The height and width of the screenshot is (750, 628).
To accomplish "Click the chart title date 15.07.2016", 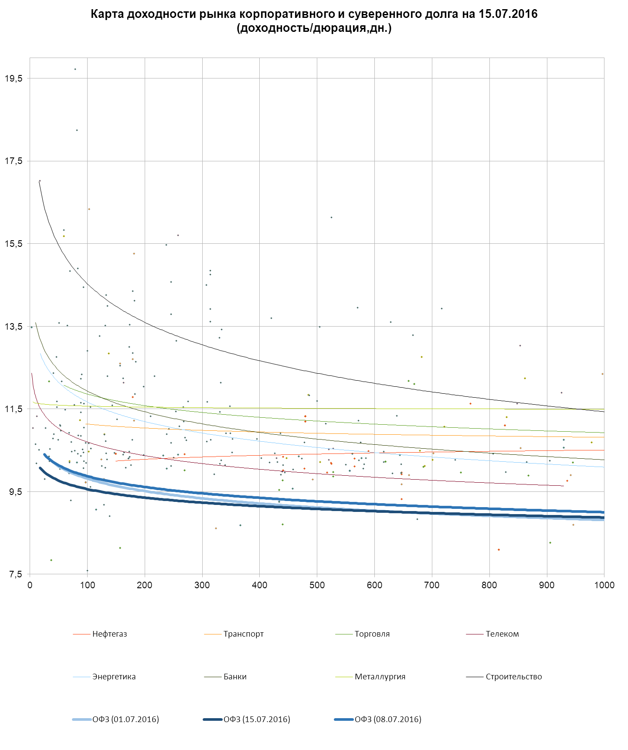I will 508,14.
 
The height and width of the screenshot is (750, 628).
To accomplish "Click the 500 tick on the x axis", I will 317,585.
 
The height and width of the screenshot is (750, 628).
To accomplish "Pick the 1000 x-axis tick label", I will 604,585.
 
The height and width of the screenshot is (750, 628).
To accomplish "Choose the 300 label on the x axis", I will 202,585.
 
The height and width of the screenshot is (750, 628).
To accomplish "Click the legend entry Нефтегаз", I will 109,634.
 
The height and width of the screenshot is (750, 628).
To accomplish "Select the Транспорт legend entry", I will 243,634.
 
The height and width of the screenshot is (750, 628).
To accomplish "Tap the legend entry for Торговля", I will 372,634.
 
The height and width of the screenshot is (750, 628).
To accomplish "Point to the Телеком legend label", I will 502,634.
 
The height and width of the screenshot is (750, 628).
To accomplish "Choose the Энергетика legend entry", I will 114,677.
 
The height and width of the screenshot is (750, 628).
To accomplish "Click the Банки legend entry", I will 235,677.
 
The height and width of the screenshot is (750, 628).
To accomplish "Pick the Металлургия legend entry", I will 380,677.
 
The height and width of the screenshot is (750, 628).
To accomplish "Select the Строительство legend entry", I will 513,677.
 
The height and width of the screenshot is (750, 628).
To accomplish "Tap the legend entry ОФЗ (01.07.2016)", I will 126,719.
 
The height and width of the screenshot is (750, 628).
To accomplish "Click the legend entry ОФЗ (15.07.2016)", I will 257,719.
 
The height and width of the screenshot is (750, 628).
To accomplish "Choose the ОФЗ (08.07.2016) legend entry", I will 388,719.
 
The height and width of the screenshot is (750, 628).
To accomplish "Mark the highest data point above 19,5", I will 75,69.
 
